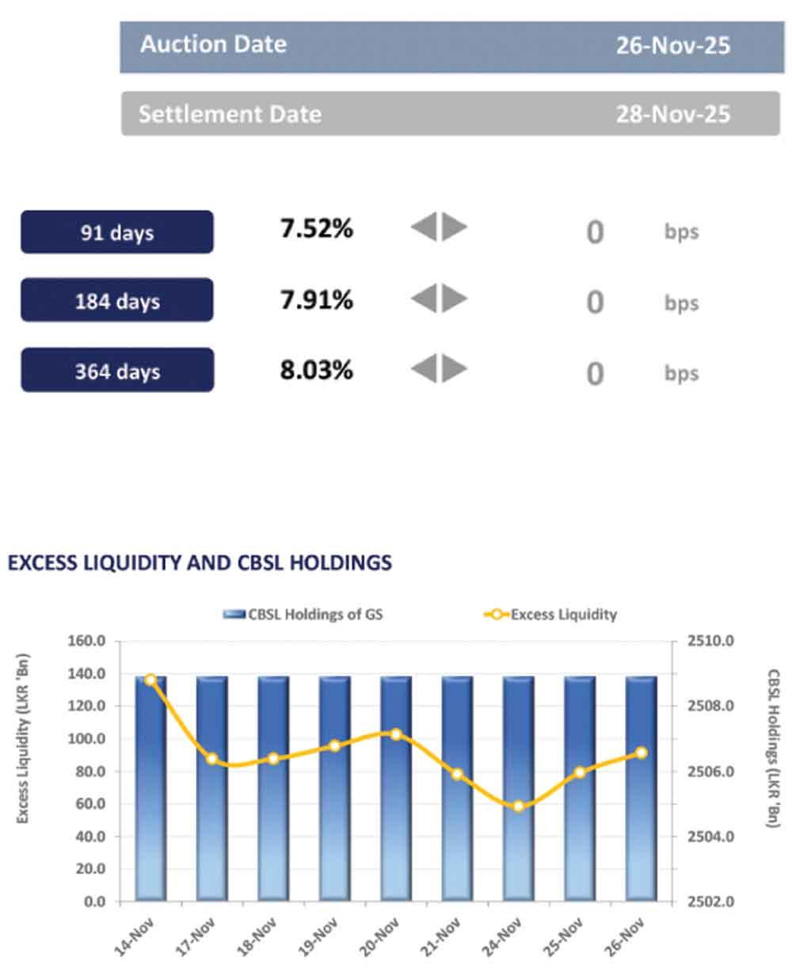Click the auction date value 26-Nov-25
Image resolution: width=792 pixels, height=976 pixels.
672,45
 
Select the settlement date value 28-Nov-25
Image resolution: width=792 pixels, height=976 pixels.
672,114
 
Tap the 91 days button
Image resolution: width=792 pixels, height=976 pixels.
117,232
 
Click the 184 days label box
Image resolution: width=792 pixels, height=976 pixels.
117,300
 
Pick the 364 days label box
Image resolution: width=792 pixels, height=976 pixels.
117,370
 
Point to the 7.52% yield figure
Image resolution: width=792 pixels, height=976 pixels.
316,229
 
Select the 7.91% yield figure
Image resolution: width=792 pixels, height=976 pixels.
316,299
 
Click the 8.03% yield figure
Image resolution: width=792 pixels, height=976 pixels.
316,369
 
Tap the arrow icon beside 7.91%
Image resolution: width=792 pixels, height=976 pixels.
439,299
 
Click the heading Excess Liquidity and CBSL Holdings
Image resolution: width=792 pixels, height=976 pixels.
200,562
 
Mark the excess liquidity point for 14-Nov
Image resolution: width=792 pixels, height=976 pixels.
150,680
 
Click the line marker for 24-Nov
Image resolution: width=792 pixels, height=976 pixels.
519,806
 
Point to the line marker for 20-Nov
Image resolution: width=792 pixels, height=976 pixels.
396,734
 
